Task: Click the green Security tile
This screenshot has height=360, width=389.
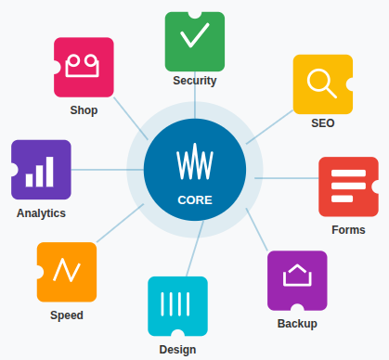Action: [x=194, y=41]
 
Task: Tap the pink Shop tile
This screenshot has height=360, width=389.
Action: [x=84, y=67]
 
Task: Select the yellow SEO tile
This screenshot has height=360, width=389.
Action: [x=322, y=84]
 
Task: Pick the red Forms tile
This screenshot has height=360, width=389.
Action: [x=348, y=186]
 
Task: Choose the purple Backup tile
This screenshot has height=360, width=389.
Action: [x=297, y=280]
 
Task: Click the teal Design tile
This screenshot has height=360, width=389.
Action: [x=177, y=305]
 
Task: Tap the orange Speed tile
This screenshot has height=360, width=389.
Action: [x=67, y=271]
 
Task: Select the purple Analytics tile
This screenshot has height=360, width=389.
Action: [x=41, y=170]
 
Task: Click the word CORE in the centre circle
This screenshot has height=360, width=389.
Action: [x=195, y=199]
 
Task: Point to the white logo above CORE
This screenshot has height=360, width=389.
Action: [x=195, y=165]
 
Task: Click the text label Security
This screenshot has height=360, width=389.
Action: [x=194, y=81]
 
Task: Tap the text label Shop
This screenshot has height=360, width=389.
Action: [x=84, y=110]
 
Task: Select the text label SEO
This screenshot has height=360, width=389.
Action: [x=323, y=122]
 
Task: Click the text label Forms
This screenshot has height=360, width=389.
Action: [x=348, y=229]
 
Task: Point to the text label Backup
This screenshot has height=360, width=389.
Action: [x=297, y=324]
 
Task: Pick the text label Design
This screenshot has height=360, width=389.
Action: [x=177, y=350]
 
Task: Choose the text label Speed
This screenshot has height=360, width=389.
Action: [x=67, y=315]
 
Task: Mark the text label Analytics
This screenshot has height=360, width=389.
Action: [x=41, y=212]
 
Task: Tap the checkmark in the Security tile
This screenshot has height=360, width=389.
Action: [x=194, y=37]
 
